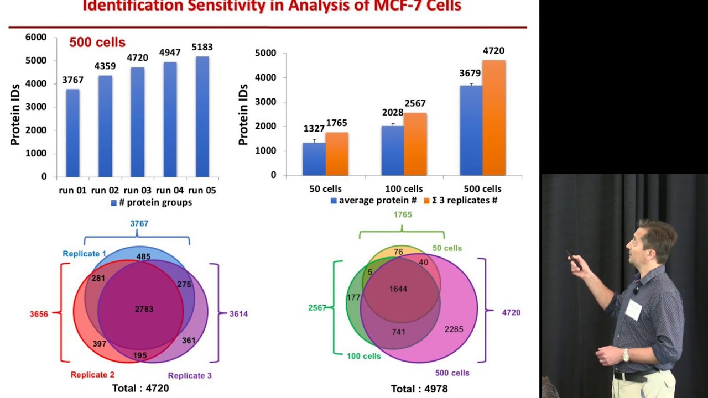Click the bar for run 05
(x=202, y=116)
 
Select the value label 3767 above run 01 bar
(x=72, y=80)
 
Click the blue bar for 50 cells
(x=314, y=159)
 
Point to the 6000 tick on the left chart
(x=36, y=37)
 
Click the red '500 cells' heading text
(x=97, y=43)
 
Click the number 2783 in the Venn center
(x=144, y=309)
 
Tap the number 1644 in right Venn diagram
(x=398, y=289)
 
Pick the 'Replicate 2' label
(x=92, y=375)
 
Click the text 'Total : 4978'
(x=419, y=389)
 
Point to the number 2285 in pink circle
(x=454, y=329)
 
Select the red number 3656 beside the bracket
(x=39, y=314)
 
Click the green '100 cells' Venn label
(x=363, y=356)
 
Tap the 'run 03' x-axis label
(x=138, y=190)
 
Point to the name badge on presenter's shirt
(x=633, y=310)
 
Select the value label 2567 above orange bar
(x=415, y=103)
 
